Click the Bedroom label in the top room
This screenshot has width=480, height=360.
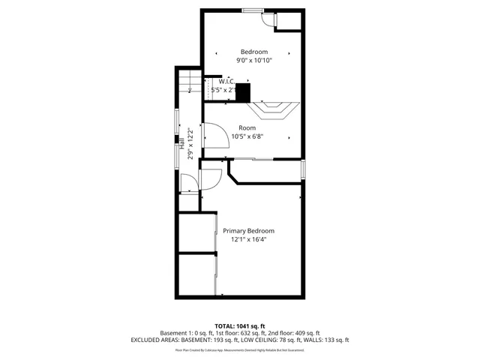[253, 52]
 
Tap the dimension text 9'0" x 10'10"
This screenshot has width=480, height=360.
[253, 61]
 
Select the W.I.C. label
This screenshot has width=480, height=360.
[226, 81]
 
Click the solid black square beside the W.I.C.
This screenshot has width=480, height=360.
[242, 92]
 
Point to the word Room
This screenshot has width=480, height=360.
[247, 127]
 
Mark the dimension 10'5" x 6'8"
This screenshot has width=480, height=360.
[247, 136]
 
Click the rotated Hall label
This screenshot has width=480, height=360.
[183, 142]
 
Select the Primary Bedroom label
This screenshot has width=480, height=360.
[248, 230]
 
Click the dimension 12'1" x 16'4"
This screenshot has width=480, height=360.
[248, 239]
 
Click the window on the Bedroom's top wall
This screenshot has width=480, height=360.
[252, 10]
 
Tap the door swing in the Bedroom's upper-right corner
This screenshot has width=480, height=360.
[268, 19]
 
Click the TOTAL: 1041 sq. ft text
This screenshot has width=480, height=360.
[241, 326]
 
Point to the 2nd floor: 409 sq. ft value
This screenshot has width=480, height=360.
[297, 333]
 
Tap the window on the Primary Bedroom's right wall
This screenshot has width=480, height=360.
[303, 169]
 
